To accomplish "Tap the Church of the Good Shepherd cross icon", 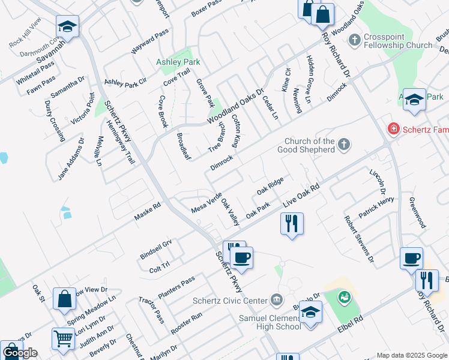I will coord(344,144).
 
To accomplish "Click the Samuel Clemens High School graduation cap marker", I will coord(310,313).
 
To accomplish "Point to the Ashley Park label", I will coord(178,62).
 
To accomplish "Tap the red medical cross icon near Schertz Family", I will coord(393,128).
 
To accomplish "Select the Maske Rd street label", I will coord(148,211).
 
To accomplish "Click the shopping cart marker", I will coord(63,338).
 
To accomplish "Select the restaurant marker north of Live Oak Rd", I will coord(292,224).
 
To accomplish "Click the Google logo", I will coord(20,353).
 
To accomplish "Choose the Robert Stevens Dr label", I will coord(358,239).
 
